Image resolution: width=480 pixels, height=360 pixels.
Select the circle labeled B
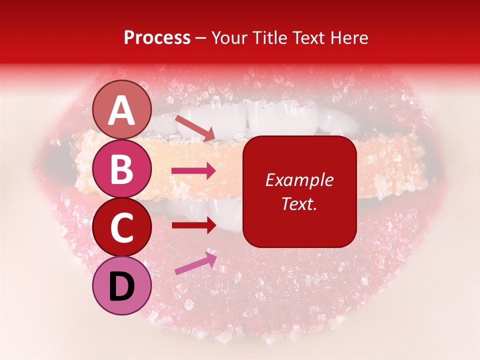coord(122,168)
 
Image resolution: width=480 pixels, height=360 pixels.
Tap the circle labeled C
coord(122,227)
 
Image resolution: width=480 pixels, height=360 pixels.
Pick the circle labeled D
coord(122,285)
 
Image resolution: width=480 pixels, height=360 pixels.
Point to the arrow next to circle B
coord(193,171)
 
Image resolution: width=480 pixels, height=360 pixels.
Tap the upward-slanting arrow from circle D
coord(195,263)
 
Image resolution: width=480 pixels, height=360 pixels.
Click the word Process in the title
coord(157,38)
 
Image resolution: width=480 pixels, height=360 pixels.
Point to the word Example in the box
coord(299,180)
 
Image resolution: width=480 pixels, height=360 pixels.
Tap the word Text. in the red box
coord(299,204)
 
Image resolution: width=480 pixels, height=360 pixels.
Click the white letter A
coord(122,111)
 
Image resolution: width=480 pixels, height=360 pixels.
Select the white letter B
coord(122,169)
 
